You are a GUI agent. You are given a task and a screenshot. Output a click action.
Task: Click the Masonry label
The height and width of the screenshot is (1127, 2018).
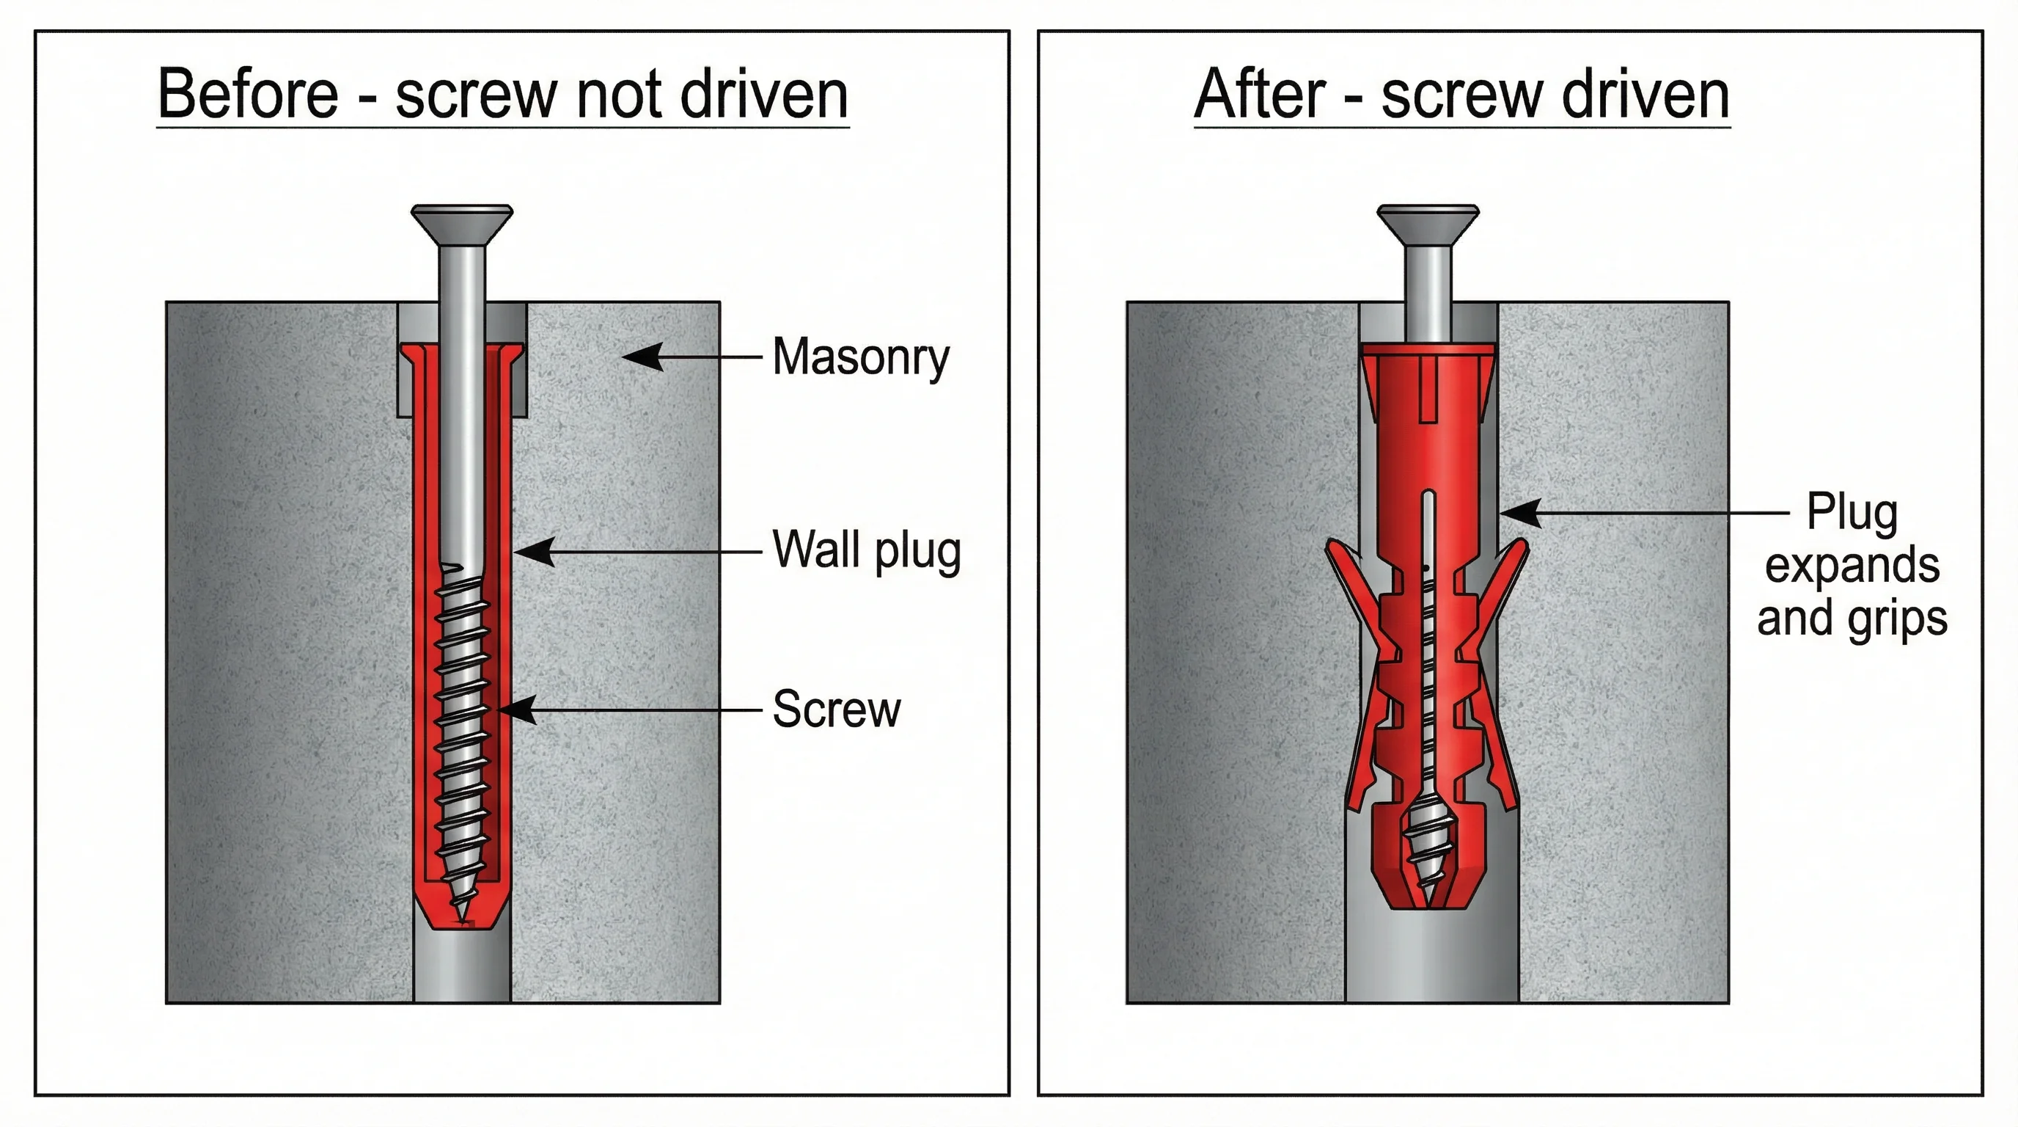(x=860, y=357)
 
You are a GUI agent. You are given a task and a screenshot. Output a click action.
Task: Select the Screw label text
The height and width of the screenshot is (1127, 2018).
(x=836, y=710)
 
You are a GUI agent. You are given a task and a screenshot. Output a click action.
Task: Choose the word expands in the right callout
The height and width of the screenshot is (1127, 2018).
(x=1852, y=566)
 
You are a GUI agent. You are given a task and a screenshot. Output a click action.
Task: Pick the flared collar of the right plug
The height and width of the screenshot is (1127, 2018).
(x=1427, y=368)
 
